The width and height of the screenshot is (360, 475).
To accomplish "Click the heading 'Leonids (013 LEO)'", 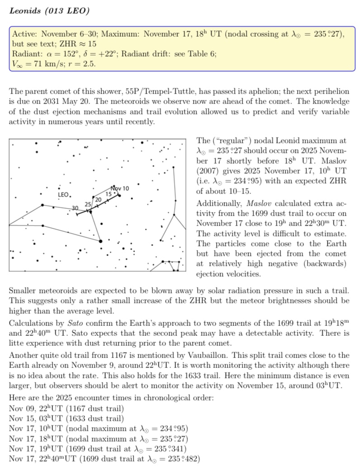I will [49, 11].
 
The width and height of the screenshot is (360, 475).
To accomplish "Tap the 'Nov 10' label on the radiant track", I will [120, 188].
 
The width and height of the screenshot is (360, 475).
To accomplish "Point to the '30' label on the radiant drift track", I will [75, 207].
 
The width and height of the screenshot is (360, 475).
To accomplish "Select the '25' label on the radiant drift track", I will [88, 204].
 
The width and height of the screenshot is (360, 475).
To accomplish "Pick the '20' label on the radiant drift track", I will [97, 199].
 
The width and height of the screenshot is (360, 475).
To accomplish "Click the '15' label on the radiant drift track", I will [109, 194].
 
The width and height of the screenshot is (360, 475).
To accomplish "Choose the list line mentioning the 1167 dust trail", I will [66, 409].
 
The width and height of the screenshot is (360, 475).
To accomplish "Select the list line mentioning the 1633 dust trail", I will [66, 419].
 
